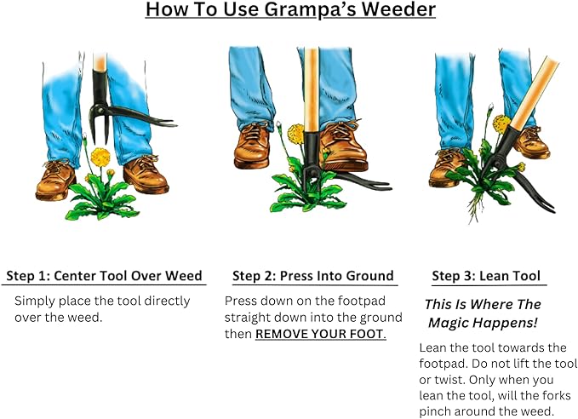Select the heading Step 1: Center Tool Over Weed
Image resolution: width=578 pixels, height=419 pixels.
[105, 276]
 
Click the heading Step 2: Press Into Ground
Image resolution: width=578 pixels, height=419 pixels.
[313, 276]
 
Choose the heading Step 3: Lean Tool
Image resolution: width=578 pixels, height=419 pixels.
[486, 276]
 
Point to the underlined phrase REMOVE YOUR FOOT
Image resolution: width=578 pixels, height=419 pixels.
[321, 334]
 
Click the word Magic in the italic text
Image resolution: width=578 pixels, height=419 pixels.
[449, 323]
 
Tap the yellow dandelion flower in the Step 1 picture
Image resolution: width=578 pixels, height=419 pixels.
[100, 157]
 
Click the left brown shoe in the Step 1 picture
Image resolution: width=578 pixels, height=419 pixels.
[55, 180]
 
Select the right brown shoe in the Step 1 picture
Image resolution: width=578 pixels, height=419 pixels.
[146, 175]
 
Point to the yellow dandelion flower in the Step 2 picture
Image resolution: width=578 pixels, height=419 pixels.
[295, 134]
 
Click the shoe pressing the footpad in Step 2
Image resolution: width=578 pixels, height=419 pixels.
[343, 146]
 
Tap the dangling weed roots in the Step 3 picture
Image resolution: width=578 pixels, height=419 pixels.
[476, 208]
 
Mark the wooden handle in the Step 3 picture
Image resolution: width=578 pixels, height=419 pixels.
[534, 93]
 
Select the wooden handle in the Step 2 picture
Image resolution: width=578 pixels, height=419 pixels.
[311, 89]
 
